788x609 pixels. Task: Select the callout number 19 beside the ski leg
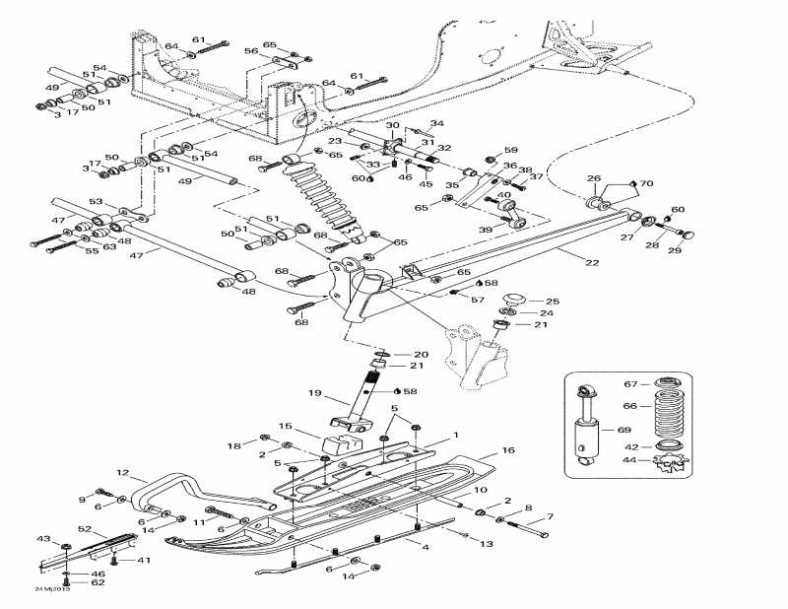(x=313, y=393)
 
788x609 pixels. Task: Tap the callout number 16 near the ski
(x=508, y=450)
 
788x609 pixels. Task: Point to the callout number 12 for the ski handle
(x=123, y=472)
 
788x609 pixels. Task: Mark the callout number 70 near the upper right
(x=646, y=183)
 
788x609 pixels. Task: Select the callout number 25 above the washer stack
(x=552, y=301)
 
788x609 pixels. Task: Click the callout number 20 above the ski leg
(x=421, y=354)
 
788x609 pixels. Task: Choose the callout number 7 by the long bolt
(x=550, y=516)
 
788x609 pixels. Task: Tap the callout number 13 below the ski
(x=486, y=543)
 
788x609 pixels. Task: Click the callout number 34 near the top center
(x=436, y=123)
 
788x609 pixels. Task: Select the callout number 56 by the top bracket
(x=251, y=51)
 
